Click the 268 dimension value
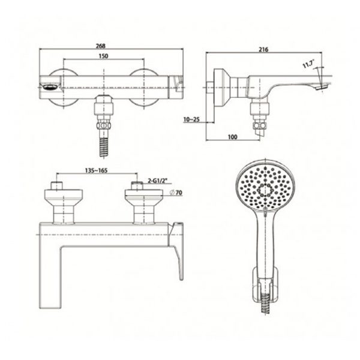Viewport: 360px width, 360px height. pos(101,46)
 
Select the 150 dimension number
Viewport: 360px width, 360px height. pos(103,56)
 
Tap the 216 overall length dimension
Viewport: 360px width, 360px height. pos(263,49)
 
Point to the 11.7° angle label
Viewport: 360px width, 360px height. pos(308,64)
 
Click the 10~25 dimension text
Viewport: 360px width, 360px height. pos(191,119)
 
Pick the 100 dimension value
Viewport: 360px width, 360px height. pos(232,137)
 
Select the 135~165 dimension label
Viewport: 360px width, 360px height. pos(96,170)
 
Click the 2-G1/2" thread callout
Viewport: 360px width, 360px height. pos(157,181)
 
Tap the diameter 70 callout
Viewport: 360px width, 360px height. pos(176,193)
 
